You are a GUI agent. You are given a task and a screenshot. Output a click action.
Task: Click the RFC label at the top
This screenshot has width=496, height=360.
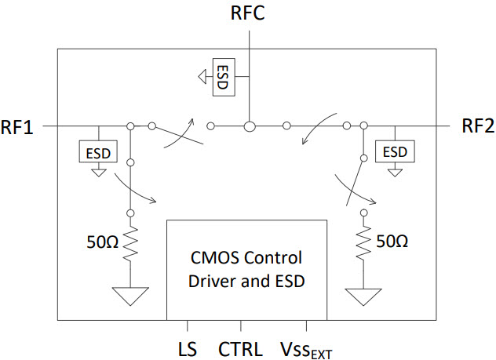coord(249,13)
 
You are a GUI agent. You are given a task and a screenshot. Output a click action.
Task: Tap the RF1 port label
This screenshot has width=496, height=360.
coord(18,126)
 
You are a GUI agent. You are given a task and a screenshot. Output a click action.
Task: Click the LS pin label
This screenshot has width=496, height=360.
coord(188,346)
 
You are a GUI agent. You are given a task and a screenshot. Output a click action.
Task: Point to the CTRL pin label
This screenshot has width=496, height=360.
coord(242,346)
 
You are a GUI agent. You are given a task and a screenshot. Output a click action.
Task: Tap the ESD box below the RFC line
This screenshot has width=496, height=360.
coord(223,76)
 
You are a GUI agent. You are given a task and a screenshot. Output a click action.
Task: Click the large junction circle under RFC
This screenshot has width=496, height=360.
coord(248,125)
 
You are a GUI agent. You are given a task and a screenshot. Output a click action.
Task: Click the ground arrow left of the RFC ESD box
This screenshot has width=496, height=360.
coord(202,76)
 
